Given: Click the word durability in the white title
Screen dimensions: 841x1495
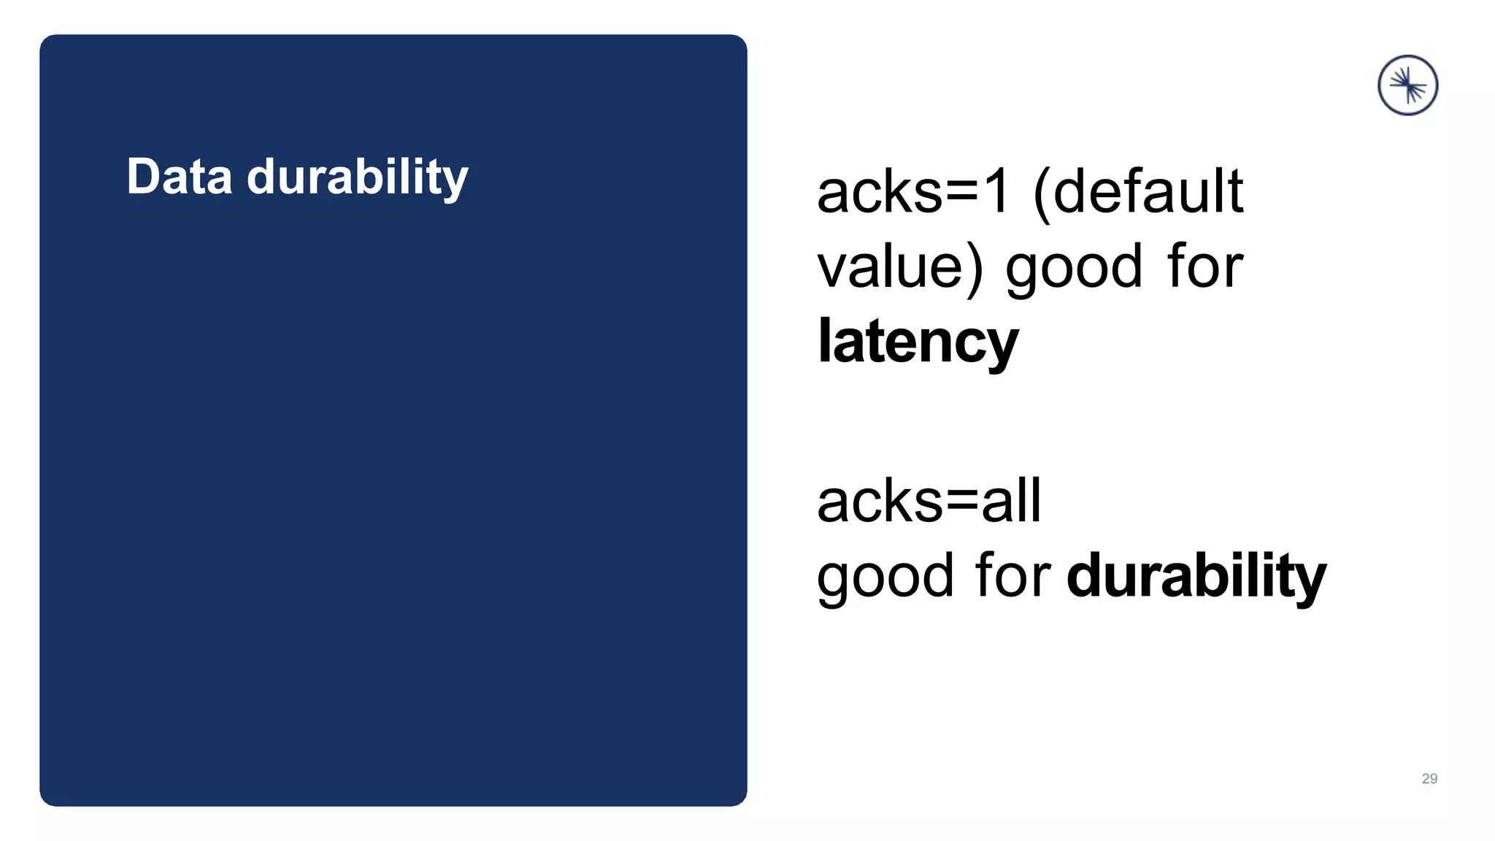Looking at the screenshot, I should (x=357, y=178).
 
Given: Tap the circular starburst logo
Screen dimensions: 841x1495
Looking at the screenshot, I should (x=1407, y=85).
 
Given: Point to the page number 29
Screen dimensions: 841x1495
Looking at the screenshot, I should (x=1429, y=779).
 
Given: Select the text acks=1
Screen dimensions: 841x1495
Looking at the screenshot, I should (x=913, y=191).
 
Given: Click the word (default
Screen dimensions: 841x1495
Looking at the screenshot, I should (x=1139, y=191).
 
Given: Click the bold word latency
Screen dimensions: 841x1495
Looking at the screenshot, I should (x=918, y=342).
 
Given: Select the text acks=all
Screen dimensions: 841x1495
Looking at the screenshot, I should (x=929, y=502).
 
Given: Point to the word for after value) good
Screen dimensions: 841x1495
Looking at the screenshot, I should (x=1205, y=267).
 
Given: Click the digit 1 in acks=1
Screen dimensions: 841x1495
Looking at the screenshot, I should (x=996, y=191).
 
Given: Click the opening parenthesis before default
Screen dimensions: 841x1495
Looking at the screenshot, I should (x=1042, y=193).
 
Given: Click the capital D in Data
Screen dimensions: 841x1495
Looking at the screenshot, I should (x=142, y=177).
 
